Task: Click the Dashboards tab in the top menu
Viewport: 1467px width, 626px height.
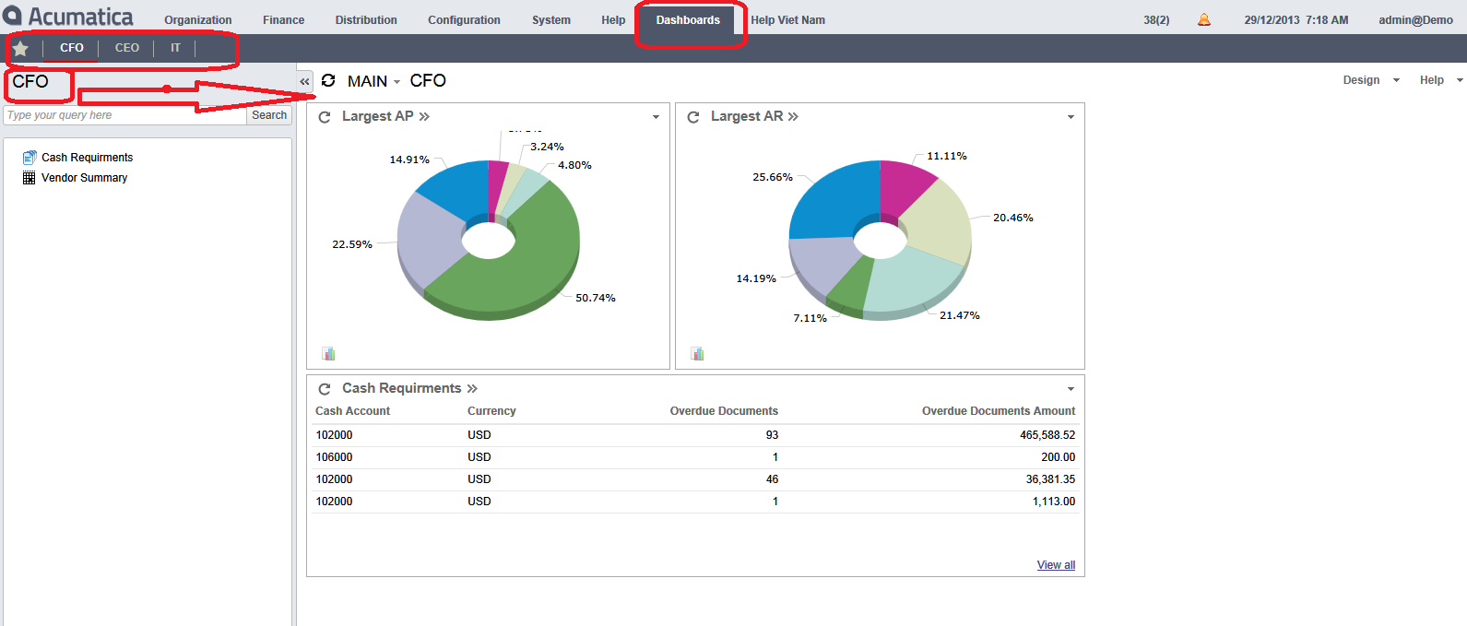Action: click(x=688, y=20)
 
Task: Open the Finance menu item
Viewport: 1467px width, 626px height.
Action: click(x=283, y=20)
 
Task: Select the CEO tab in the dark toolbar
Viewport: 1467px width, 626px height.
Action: click(x=127, y=48)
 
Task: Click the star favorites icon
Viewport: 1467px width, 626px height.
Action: click(x=20, y=49)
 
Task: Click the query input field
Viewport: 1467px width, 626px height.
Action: click(x=124, y=115)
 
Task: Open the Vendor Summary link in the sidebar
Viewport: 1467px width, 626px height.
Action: click(x=84, y=178)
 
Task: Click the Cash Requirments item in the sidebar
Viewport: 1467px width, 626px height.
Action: click(x=87, y=158)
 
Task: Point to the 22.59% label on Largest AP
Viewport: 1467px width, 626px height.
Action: click(x=352, y=244)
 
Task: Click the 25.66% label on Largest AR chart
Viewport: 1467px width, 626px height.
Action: click(x=773, y=177)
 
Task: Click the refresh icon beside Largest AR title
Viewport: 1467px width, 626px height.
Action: click(x=693, y=117)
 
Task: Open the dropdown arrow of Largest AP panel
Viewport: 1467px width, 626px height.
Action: click(x=656, y=117)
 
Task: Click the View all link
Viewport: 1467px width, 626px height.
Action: click(x=1056, y=565)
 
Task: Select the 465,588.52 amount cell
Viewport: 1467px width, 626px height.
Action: click(x=1047, y=435)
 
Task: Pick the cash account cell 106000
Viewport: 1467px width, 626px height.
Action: click(x=334, y=457)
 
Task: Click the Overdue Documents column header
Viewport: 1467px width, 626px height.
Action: click(x=724, y=411)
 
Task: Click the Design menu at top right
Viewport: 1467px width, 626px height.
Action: click(x=1361, y=80)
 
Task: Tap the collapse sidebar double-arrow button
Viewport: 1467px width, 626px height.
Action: click(x=304, y=82)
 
